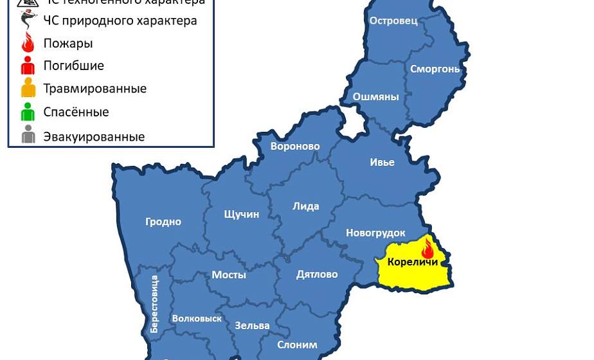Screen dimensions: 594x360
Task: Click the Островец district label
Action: pyautogui.click(x=393, y=21)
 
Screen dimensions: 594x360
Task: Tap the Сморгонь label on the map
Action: pyautogui.click(x=435, y=69)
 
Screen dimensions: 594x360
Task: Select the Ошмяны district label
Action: pyautogui.click(x=376, y=97)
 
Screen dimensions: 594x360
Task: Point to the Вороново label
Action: pyautogui.click(x=295, y=147)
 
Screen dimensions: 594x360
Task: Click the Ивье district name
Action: pyautogui.click(x=382, y=162)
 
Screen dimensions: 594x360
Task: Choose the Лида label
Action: pyautogui.click(x=305, y=206)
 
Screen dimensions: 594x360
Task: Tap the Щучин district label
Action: pyautogui.click(x=241, y=214)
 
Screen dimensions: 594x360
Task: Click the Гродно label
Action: pyautogui.click(x=163, y=222)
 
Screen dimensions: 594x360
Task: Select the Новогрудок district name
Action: pyautogui.click(x=375, y=233)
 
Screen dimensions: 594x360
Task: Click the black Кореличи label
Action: pyautogui.click(x=413, y=262)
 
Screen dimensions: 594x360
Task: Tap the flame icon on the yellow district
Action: pyautogui.click(x=428, y=247)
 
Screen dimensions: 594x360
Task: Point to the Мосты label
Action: pyautogui.click(x=229, y=275)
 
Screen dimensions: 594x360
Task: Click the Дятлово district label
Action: pyautogui.click(x=317, y=274)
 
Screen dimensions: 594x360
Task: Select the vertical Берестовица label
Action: pyautogui.click(x=154, y=303)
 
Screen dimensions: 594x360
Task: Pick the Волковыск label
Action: pyautogui.click(x=197, y=318)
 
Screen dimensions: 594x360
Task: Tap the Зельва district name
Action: pyautogui.click(x=252, y=325)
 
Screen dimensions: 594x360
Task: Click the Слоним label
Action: pyautogui.click(x=297, y=345)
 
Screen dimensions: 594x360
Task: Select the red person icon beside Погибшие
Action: pyautogui.click(x=28, y=66)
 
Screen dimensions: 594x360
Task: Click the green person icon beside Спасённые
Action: pyautogui.click(x=28, y=112)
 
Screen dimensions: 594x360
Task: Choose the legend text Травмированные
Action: pyautogui.click(x=94, y=89)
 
